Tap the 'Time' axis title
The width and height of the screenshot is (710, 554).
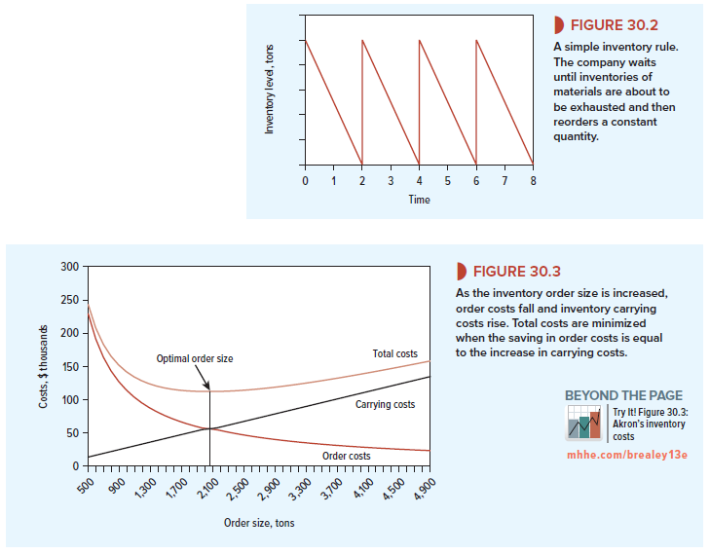click(418, 200)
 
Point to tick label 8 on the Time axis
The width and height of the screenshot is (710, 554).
click(533, 181)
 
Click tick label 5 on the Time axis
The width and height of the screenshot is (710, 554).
click(447, 181)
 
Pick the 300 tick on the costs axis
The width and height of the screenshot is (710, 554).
click(68, 267)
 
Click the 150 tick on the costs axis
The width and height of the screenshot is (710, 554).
click(68, 367)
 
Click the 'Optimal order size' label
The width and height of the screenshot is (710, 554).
click(195, 359)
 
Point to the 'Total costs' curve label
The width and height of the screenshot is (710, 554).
click(394, 353)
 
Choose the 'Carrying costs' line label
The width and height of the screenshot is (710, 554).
click(385, 403)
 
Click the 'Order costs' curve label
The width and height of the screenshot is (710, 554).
click(346, 456)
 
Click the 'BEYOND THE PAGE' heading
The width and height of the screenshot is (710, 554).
click(623, 395)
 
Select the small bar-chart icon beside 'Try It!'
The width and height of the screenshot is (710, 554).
click(585, 424)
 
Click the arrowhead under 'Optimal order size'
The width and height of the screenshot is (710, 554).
click(207, 387)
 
